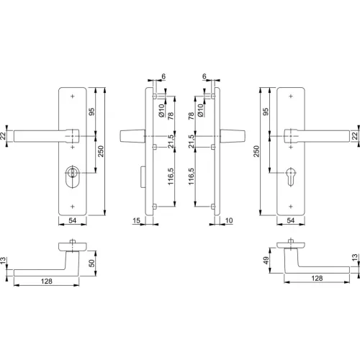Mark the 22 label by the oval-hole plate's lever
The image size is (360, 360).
(x=4, y=135)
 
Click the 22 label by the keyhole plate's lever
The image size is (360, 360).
(x=355, y=135)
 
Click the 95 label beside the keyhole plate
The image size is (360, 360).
(x=266, y=112)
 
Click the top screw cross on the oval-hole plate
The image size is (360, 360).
(x=73, y=96)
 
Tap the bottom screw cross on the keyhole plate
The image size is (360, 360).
(x=291, y=206)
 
